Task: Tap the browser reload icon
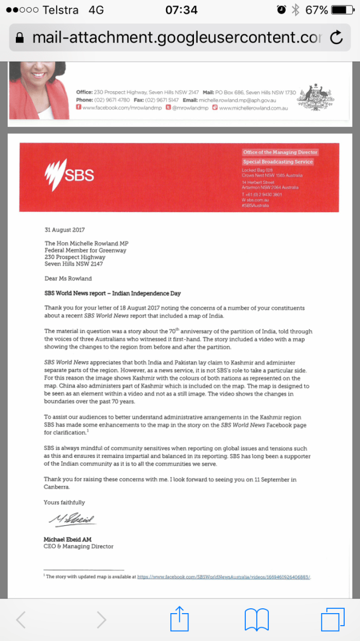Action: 337,37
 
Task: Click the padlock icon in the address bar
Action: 21,38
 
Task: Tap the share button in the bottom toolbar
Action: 179,620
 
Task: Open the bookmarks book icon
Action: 256,620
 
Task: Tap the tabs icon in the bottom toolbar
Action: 332,620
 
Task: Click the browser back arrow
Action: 21,620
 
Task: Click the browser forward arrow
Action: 101,620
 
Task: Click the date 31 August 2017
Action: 64,230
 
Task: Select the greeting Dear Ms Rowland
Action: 68,278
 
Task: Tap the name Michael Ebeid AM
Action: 68,539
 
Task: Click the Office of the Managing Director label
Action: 280,152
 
